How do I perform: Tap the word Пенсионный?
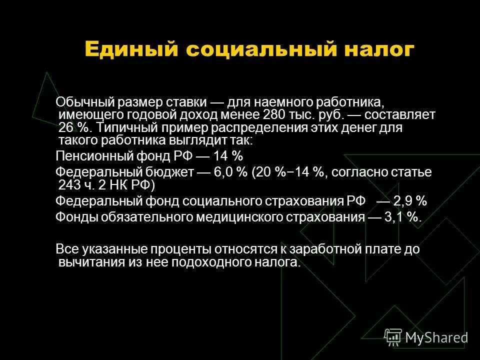(x=91, y=155)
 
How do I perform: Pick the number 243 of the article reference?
(x=69, y=185)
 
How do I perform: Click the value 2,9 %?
(x=410, y=201)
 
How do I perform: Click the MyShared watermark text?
(x=436, y=337)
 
